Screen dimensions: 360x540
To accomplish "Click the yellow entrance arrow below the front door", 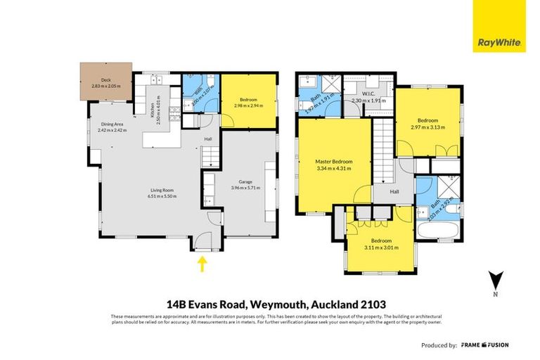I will pos(202,264).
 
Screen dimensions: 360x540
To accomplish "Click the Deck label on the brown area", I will pos(106,81).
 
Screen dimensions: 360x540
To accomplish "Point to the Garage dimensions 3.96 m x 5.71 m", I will pos(247,189).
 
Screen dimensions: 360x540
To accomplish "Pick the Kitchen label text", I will pos(151,110).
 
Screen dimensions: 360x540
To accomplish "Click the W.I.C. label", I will pos(365,94).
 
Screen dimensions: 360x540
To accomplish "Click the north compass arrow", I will pos(496,279).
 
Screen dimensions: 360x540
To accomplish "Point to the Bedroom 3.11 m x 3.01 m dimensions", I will pos(379,247).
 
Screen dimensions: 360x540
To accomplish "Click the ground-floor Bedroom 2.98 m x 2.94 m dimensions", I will pos(248,106).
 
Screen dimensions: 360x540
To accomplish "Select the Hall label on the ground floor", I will pos(208,139).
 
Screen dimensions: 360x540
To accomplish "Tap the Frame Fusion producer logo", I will pos(485,345).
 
